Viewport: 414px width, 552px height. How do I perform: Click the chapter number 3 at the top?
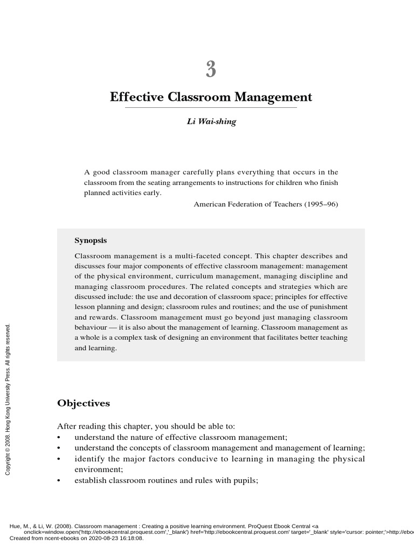[x=211, y=70]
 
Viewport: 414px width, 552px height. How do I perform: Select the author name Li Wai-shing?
[x=211, y=122]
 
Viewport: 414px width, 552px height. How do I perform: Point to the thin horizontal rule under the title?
[x=211, y=108]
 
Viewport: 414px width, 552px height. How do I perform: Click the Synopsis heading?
[x=91, y=240]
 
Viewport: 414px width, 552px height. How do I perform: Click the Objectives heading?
[x=84, y=403]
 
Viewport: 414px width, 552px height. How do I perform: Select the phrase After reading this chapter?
[x=101, y=426]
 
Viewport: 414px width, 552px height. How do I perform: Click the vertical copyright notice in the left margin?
[x=8, y=399]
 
